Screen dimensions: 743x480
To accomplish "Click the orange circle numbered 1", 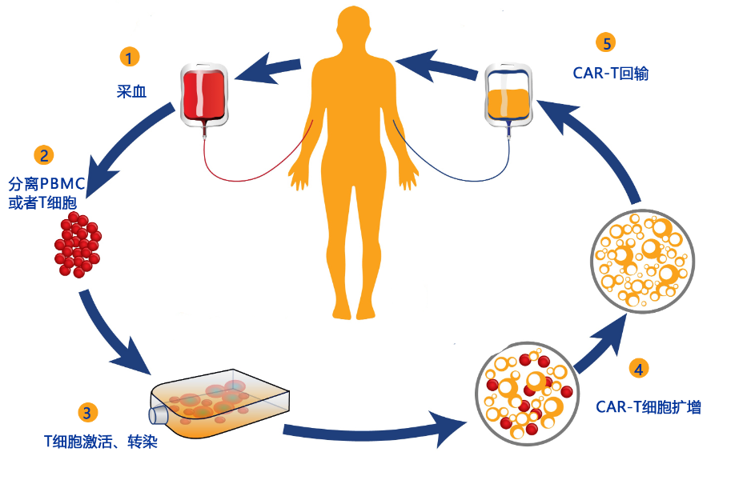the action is (x=129, y=58).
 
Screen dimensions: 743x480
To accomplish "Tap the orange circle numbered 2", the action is (x=44, y=155).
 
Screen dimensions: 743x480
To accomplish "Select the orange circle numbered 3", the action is (x=87, y=413).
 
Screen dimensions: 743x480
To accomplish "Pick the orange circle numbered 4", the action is (x=638, y=369).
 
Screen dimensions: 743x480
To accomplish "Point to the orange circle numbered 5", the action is (x=606, y=43).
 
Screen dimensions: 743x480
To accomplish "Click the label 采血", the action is (x=132, y=91).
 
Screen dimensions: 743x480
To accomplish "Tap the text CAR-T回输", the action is (x=610, y=74).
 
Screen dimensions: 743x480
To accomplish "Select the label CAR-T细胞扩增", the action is (x=649, y=406).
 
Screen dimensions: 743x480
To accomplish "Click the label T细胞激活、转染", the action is (x=100, y=442).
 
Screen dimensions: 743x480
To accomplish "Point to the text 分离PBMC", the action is (x=46, y=183).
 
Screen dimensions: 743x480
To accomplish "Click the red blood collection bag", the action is (x=204, y=95).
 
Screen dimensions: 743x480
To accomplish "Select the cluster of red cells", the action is (x=78, y=244).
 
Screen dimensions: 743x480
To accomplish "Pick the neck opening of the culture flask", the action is (x=157, y=416).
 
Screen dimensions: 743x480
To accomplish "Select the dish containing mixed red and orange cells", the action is (x=527, y=394).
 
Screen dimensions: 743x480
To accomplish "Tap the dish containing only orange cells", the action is (x=642, y=261).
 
